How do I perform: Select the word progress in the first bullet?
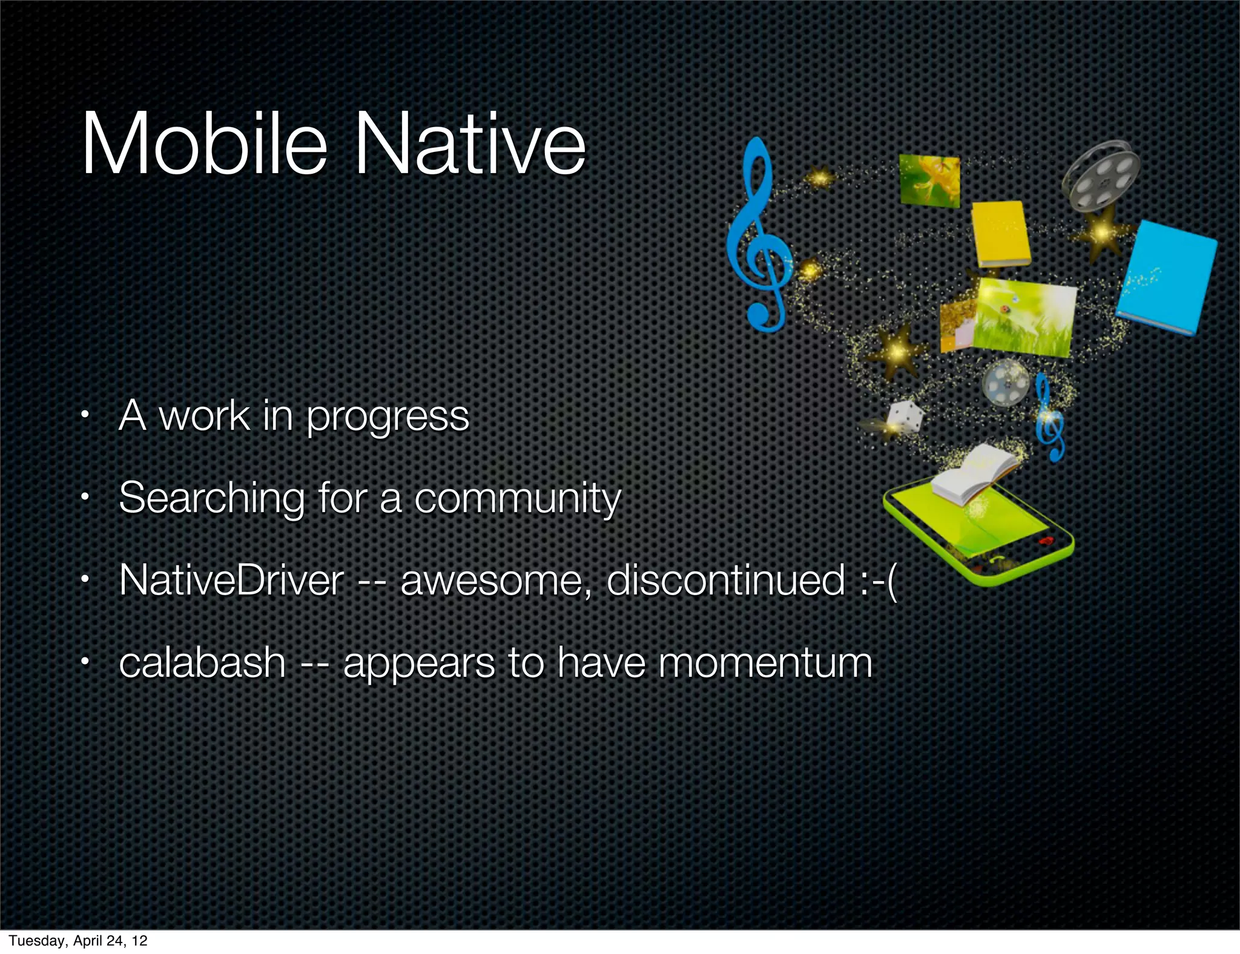pos(387,418)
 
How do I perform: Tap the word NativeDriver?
pos(231,581)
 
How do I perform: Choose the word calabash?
pos(202,662)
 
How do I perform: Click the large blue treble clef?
pos(759,236)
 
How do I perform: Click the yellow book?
pos(1001,234)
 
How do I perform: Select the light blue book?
pos(1166,277)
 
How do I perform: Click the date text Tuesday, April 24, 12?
pos(78,940)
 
